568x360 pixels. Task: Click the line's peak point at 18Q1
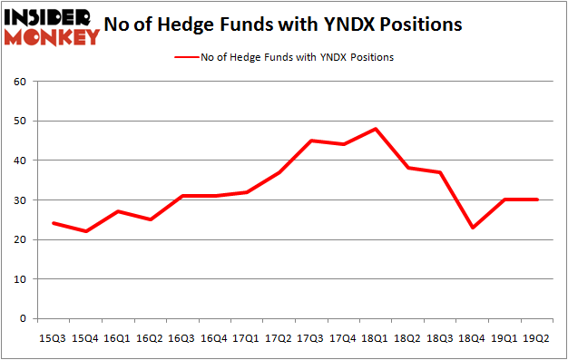point(376,129)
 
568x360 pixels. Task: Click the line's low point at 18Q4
point(472,228)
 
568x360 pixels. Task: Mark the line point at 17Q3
point(312,141)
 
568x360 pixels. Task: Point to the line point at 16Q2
point(152,219)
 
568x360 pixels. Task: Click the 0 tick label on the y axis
point(22,319)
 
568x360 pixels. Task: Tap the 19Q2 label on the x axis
point(535,338)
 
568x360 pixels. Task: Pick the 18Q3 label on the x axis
point(439,338)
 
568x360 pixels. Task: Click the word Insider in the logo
point(52,17)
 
